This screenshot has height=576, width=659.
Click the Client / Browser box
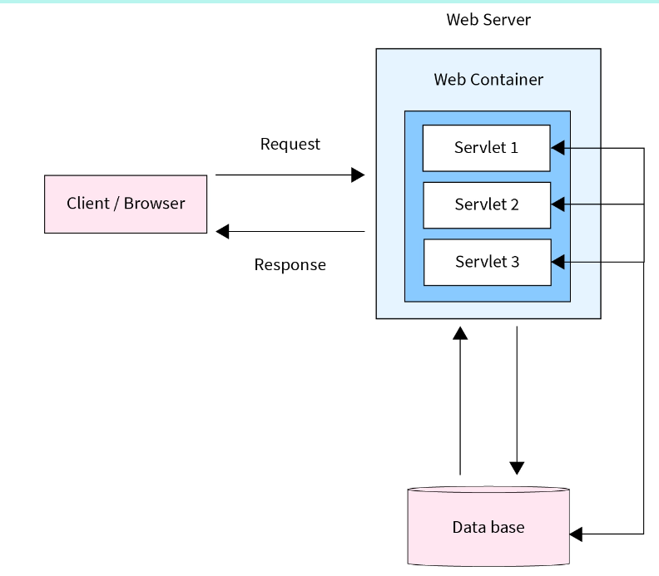tap(126, 204)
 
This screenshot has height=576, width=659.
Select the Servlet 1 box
tap(486, 148)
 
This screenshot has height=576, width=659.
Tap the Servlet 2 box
tap(486, 204)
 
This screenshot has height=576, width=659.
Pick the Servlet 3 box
tap(486, 262)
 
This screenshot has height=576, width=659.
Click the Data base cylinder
tap(488, 526)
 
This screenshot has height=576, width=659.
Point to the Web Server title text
tap(488, 19)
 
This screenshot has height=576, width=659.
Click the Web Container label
tap(488, 80)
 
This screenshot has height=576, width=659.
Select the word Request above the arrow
tap(290, 144)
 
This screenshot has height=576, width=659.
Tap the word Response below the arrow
tap(290, 265)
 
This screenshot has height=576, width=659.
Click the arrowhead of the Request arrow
tap(359, 175)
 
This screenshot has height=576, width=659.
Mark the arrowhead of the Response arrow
tap(222, 231)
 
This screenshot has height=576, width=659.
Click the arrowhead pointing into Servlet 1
tap(558, 148)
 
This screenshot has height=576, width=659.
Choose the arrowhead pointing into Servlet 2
tap(558, 204)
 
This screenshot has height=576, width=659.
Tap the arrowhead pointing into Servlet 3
tap(558, 262)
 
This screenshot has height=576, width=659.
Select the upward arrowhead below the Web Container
tap(460, 333)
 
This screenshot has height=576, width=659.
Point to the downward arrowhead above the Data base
tap(518, 467)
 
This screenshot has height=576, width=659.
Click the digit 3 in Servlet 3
tap(515, 262)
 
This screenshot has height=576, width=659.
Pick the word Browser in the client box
tap(155, 204)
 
